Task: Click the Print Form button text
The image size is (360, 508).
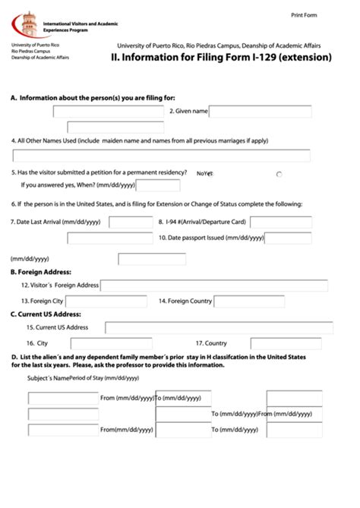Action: (305, 15)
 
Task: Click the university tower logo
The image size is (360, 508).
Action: (27, 26)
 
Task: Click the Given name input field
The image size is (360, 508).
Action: (260, 112)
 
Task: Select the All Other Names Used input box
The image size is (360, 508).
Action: (161, 156)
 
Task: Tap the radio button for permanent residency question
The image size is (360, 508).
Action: (279, 174)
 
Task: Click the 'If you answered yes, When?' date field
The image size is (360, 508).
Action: (157, 185)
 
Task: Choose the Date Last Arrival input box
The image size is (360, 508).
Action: (131, 222)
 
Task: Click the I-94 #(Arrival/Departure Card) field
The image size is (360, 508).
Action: (280, 222)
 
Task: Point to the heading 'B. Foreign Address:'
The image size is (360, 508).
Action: (41, 272)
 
